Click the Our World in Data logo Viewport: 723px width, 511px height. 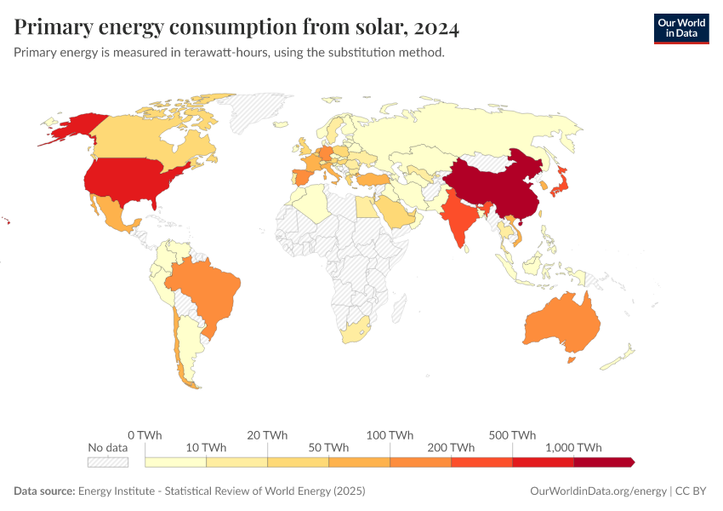click(x=680, y=28)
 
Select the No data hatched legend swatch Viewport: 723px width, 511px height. click(x=107, y=462)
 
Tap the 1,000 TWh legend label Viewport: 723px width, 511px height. click(x=574, y=448)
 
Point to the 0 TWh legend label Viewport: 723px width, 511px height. click(x=145, y=435)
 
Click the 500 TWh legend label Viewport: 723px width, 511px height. click(x=511, y=435)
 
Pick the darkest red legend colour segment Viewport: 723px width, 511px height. click(x=604, y=462)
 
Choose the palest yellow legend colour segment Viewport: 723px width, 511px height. click(x=176, y=462)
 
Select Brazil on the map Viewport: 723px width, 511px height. click(x=206, y=290)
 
